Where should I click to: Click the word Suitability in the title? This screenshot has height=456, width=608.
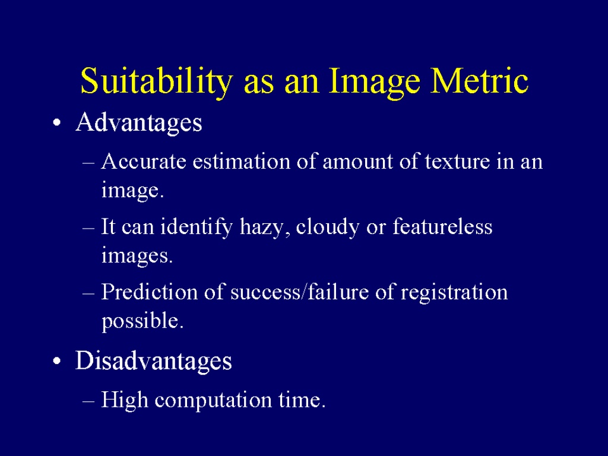click(x=156, y=82)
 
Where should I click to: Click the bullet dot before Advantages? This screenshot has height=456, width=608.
click(x=56, y=123)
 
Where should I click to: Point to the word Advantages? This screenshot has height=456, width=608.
click(x=139, y=123)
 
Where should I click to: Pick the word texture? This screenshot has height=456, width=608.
click(x=457, y=161)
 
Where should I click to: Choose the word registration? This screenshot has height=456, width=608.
click(x=454, y=293)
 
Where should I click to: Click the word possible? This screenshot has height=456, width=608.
click(x=142, y=321)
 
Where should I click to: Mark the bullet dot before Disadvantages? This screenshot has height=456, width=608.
click(x=56, y=362)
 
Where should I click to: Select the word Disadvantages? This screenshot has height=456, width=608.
click(x=154, y=360)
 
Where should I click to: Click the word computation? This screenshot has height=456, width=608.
click(x=213, y=400)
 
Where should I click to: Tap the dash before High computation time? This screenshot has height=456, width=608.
click(x=88, y=401)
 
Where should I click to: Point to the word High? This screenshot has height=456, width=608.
click(x=125, y=400)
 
